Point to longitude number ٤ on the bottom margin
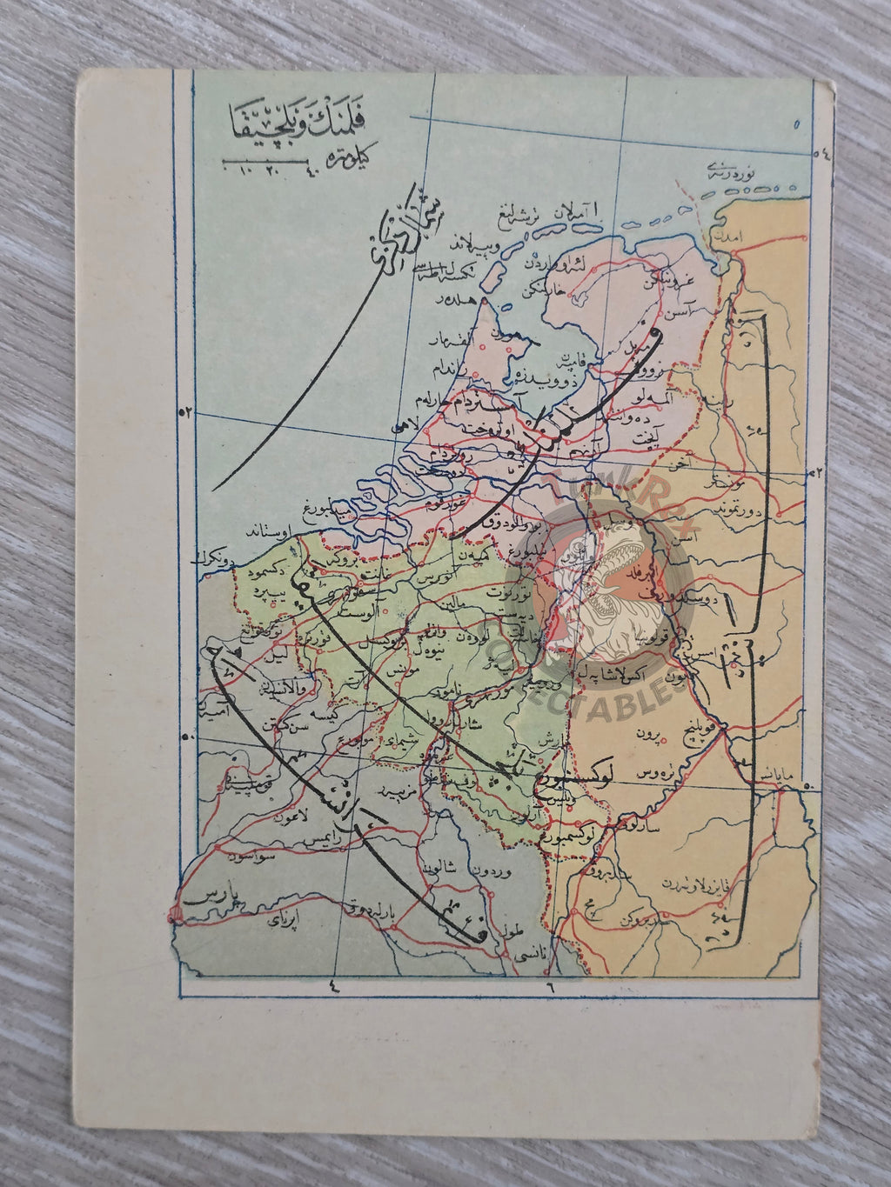[333, 986]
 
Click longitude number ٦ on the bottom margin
[550, 986]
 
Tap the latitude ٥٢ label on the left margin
[184, 412]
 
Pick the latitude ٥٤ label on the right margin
[821, 155]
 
